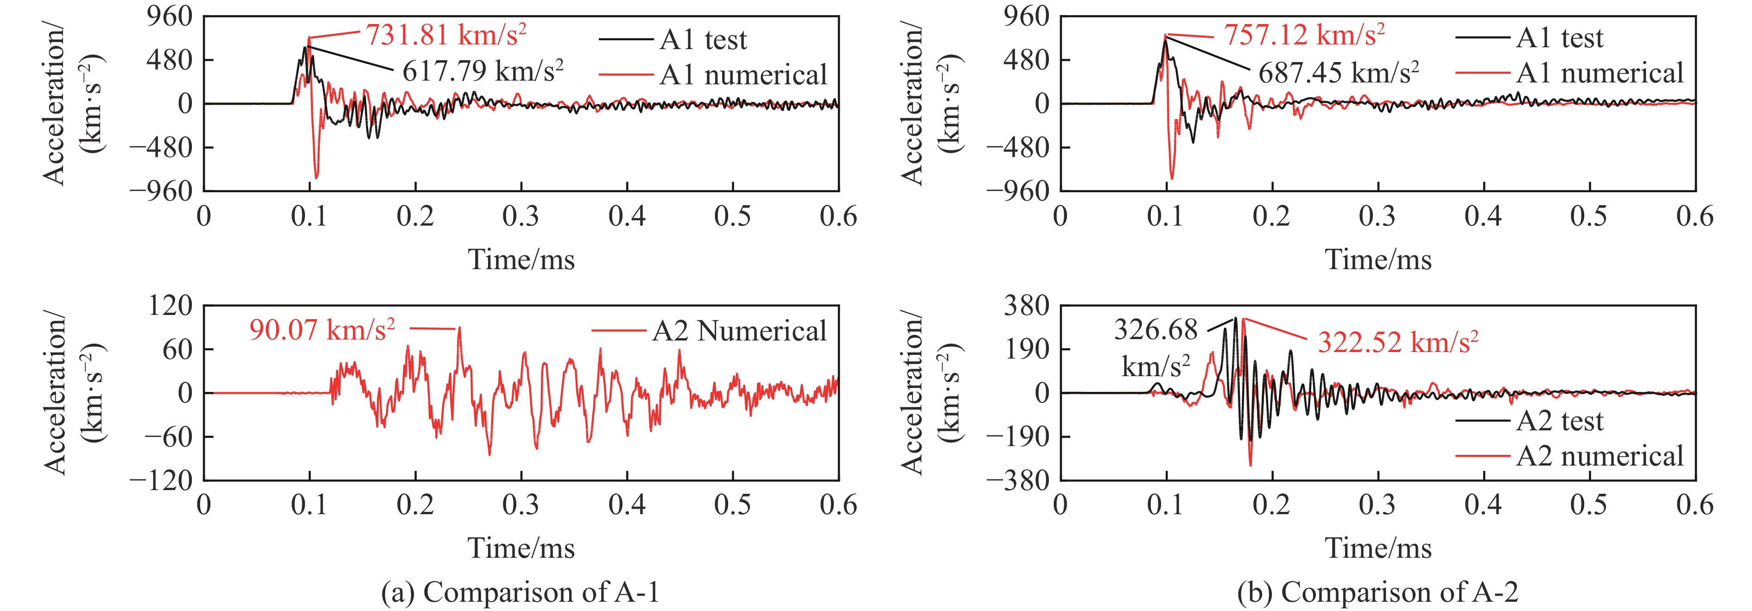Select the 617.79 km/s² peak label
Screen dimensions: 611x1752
pyautogui.click(x=483, y=71)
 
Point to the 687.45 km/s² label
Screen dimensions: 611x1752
pyautogui.click(x=1339, y=72)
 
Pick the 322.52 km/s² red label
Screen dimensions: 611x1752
pyautogui.click(x=1397, y=342)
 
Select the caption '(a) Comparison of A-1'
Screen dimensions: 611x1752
pyautogui.click(x=521, y=592)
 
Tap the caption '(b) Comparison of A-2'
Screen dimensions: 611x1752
pyautogui.click(x=1378, y=592)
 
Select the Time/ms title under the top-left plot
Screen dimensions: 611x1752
pyautogui.click(x=521, y=259)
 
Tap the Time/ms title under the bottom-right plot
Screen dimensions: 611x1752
pyautogui.click(x=1378, y=548)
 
